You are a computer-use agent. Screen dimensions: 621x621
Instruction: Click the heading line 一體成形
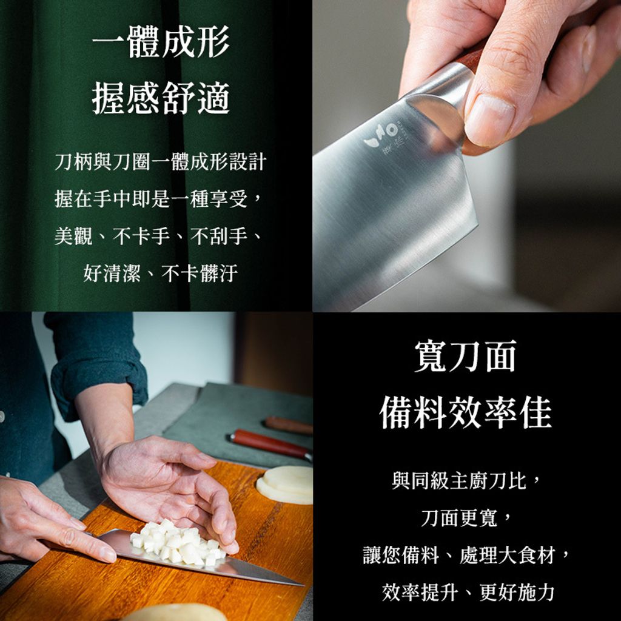point(161,41)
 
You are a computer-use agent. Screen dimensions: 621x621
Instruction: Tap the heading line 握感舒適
point(161,98)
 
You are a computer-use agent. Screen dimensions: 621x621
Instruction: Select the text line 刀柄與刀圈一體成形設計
point(160,161)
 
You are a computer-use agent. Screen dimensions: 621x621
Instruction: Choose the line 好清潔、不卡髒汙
point(160,273)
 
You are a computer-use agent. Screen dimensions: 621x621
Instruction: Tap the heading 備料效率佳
point(465,412)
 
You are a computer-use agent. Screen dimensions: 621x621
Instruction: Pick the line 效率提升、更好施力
point(468,592)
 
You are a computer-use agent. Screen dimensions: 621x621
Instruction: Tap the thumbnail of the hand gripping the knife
point(467,155)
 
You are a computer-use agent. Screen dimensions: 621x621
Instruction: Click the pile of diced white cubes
point(177,542)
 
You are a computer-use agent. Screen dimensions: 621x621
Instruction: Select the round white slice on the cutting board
point(284,485)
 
